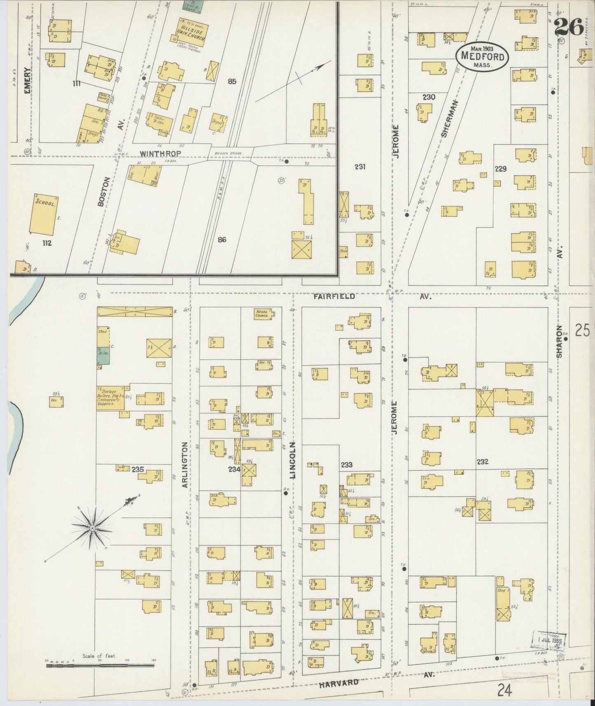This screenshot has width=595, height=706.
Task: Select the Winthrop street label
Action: [x=155, y=154]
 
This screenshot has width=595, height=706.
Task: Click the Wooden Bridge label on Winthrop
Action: [x=226, y=153]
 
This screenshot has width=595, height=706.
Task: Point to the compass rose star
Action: [x=93, y=528]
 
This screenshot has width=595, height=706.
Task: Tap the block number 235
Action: [x=138, y=469]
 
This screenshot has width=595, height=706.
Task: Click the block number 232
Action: [x=482, y=462]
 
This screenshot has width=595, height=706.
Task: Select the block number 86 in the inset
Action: [x=222, y=239]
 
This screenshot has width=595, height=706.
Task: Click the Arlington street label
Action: [x=185, y=465]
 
